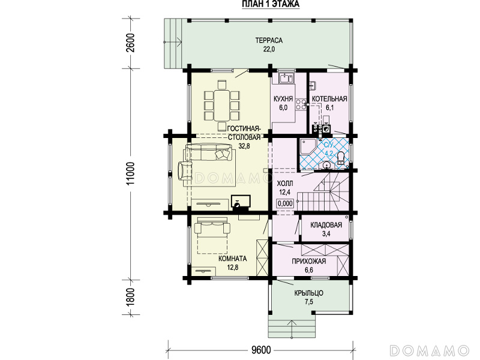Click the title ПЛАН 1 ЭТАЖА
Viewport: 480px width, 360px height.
pos(271,4)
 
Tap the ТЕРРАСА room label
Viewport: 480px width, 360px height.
pos(269,40)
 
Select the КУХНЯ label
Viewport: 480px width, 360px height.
pos(283,99)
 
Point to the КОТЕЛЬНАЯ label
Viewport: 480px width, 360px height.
pos(329,99)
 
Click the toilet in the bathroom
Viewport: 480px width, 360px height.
pos(341,159)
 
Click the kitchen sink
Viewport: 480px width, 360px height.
pos(286,78)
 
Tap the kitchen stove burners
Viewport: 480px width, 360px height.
pos(301,104)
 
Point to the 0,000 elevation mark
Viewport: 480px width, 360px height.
pos(285,203)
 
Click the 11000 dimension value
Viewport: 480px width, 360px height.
pos(131,173)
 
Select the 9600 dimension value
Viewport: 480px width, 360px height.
pos(261,349)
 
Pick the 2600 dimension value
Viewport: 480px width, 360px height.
pos(131,43)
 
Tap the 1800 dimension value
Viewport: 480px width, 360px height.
pos(131,297)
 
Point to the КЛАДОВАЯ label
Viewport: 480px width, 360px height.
pos(326,226)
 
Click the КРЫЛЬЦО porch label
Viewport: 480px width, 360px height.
pos(308,293)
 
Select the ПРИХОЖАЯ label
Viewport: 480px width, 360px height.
pos(308,262)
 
